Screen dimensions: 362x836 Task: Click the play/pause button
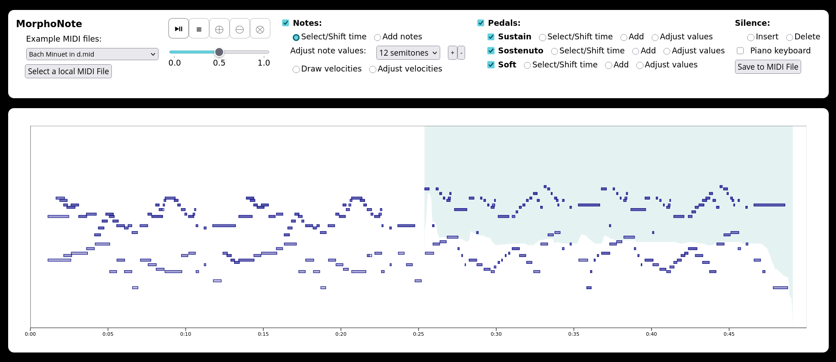click(178, 29)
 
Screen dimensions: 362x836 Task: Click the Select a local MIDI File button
click(68, 71)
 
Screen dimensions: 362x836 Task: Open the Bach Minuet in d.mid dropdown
click(92, 54)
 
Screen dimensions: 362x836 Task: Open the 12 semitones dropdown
click(408, 53)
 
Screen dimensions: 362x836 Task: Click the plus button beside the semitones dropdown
click(452, 53)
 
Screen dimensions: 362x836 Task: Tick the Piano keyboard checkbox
click(740, 51)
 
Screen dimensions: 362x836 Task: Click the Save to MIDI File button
click(768, 67)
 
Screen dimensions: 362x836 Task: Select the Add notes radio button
click(377, 38)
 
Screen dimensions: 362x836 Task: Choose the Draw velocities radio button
click(296, 69)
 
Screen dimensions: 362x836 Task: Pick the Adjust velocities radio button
click(373, 69)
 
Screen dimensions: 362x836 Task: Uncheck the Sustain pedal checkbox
click(491, 37)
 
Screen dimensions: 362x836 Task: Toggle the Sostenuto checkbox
click(491, 51)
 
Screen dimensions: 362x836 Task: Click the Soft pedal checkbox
click(491, 65)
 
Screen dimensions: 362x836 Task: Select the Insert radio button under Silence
click(751, 38)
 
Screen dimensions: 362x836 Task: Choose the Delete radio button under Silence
click(789, 38)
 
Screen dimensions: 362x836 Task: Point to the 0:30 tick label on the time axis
click(496, 334)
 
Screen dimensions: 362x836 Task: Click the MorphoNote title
click(49, 24)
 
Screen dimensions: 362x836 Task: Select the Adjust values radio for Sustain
click(655, 38)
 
